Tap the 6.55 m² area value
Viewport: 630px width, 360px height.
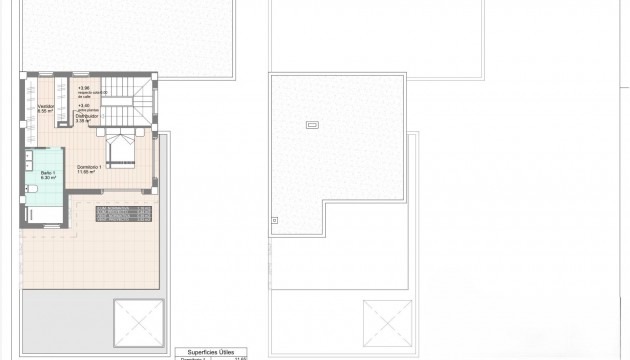click(x=46, y=111)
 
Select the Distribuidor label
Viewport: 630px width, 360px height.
click(x=87, y=116)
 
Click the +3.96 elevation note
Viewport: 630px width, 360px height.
click(x=83, y=87)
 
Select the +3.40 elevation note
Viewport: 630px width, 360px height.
click(x=83, y=105)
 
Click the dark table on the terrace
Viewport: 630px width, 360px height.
click(x=123, y=212)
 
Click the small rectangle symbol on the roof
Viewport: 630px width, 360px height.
click(x=311, y=125)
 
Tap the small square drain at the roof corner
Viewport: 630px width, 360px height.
click(x=275, y=220)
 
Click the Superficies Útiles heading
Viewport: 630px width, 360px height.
click(x=210, y=352)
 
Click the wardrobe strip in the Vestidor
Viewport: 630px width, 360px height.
click(x=31, y=110)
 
